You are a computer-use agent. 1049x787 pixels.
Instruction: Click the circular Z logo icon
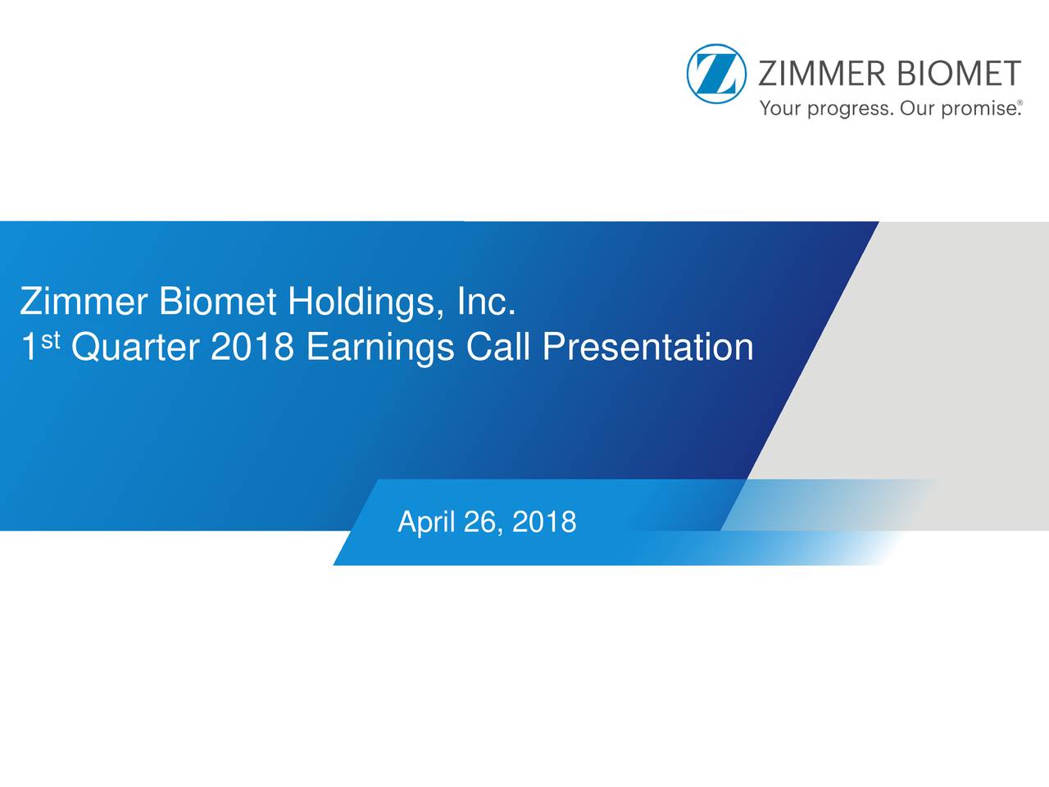point(716,74)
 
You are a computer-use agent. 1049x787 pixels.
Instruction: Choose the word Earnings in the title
point(380,348)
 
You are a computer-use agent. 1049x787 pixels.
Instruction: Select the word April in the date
point(425,522)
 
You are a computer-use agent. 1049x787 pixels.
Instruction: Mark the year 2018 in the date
point(544,521)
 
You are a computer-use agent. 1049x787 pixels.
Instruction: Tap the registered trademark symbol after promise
point(1019,103)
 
